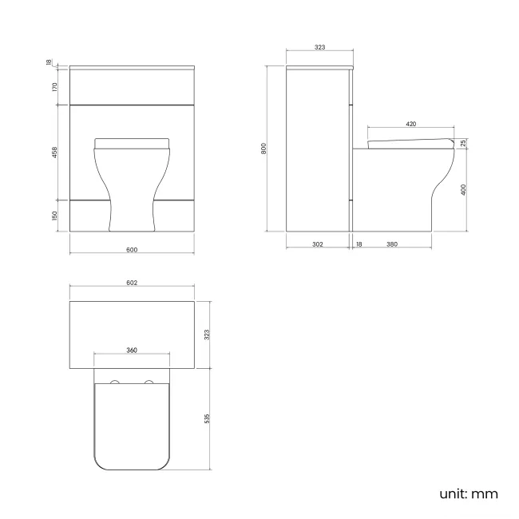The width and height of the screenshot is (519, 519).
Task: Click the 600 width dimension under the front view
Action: click(x=133, y=250)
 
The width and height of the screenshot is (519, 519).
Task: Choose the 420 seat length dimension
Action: click(x=410, y=124)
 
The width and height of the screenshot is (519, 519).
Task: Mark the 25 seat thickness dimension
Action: click(x=464, y=143)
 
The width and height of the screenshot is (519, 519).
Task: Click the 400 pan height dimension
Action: click(x=464, y=190)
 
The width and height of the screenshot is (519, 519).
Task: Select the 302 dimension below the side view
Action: click(x=317, y=244)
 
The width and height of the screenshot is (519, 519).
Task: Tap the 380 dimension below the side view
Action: click(x=392, y=244)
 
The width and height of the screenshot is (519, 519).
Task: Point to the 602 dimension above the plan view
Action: click(x=133, y=283)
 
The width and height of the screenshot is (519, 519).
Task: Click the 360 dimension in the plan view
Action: click(x=132, y=351)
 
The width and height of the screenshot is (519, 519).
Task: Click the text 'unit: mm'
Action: click(x=469, y=493)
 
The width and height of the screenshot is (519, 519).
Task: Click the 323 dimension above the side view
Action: click(x=319, y=48)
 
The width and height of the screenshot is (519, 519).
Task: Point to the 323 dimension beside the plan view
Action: click(x=207, y=335)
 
